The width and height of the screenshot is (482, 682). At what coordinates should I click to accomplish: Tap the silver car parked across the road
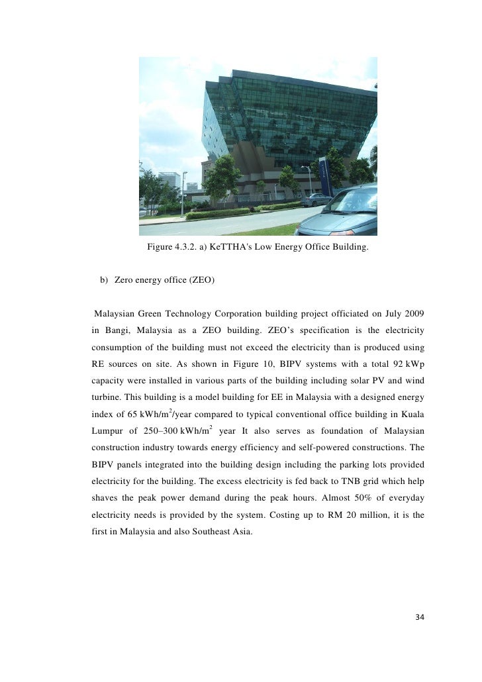(x=315, y=199)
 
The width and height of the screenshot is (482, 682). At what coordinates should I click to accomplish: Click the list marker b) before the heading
(x=104, y=280)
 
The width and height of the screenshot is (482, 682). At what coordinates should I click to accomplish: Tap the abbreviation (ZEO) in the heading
(x=201, y=280)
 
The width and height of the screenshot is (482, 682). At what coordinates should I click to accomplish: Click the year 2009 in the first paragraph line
(x=413, y=313)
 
